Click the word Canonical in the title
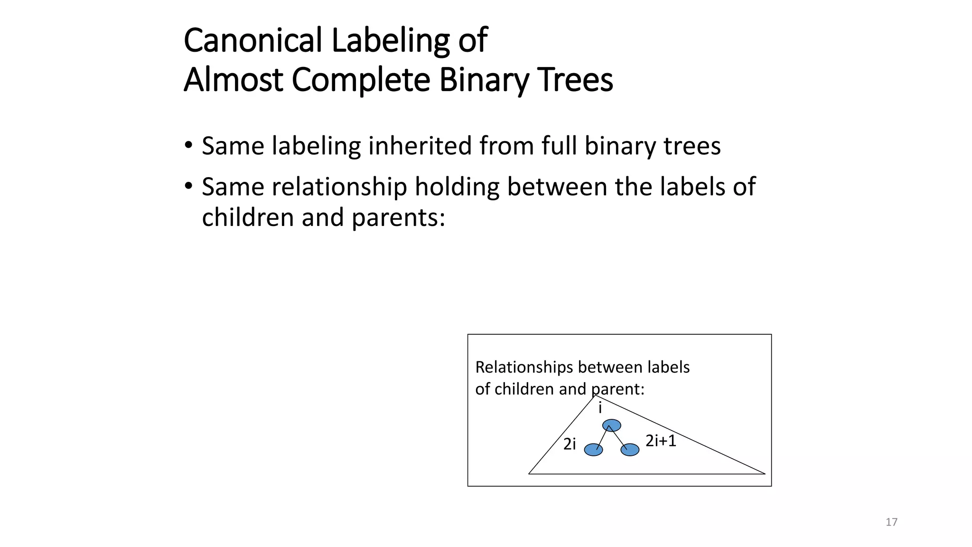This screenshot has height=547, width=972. (253, 40)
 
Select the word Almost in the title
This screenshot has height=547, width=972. (233, 80)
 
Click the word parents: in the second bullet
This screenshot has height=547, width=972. (398, 218)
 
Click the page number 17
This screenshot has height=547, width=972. (891, 522)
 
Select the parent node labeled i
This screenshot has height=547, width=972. (611, 425)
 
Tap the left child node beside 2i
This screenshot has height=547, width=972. (593, 450)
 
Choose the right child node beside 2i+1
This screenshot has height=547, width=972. (630, 450)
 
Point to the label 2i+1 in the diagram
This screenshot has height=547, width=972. (661, 441)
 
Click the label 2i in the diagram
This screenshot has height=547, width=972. (570, 444)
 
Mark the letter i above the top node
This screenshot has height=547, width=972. (600, 408)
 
